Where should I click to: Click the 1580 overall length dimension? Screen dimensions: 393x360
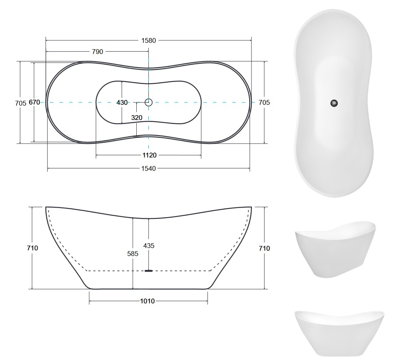(149, 40)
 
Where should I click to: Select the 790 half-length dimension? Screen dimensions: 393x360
(98, 52)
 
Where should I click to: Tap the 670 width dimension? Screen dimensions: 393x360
(34, 102)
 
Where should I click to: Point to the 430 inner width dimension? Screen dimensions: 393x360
(122, 102)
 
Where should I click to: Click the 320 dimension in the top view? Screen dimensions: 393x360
(137, 118)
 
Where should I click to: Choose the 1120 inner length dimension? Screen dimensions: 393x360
(150, 155)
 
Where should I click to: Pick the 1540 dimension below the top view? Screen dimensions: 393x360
(149, 168)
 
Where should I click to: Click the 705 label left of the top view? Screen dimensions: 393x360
(20, 103)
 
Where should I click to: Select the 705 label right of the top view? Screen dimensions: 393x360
(264, 102)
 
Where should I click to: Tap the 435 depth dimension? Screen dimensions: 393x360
(149, 246)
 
